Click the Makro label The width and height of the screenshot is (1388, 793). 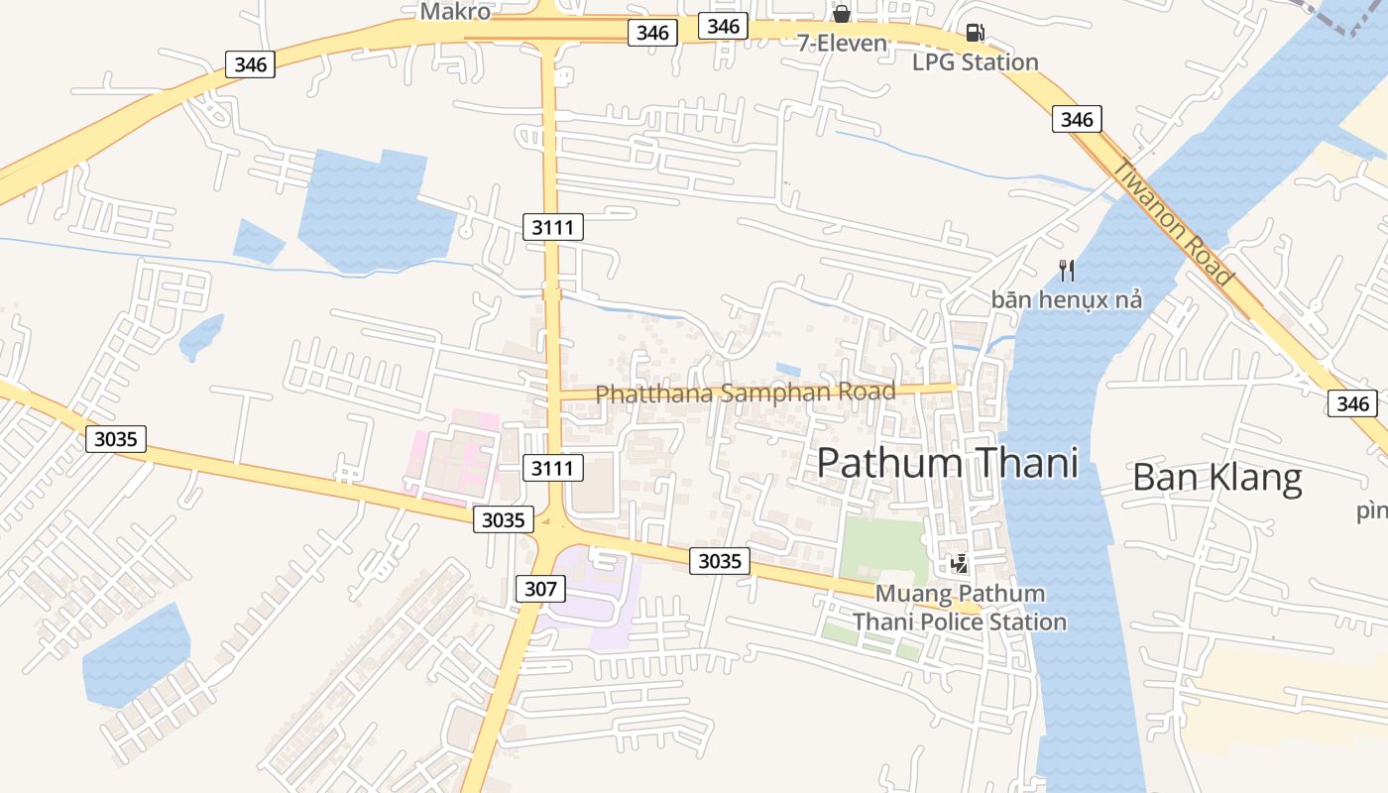(x=455, y=11)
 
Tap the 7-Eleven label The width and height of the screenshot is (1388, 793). (x=842, y=43)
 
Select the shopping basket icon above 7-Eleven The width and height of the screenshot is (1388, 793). (x=841, y=14)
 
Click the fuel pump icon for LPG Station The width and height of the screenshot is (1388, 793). (x=975, y=33)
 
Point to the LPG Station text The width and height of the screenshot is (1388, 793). (x=975, y=62)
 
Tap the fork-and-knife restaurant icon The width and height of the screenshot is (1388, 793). (x=1067, y=270)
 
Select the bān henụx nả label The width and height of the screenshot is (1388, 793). (x=1067, y=298)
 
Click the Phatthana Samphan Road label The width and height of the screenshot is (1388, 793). (x=745, y=393)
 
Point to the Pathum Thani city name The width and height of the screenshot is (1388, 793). (x=947, y=463)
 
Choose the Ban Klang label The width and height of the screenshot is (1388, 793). (x=1216, y=478)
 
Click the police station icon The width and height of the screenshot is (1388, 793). (x=959, y=564)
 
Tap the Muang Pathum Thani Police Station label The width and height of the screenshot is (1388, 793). (x=960, y=608)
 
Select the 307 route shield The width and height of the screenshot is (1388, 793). (x=540, y=589)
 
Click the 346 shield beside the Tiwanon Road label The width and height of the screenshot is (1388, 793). (x=1076, y=120)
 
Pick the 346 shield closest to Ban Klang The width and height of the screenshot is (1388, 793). (x=1351, y=403)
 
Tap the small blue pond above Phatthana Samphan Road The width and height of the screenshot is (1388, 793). (x=788, y=370)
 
